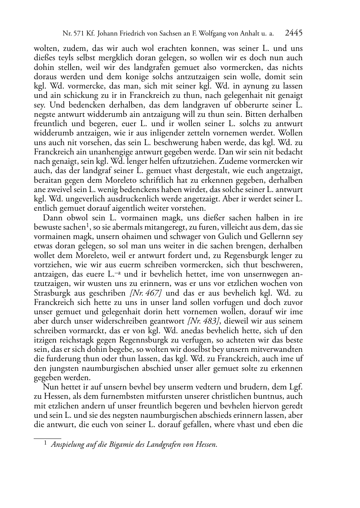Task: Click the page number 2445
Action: coord(294,33)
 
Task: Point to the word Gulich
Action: coord(217,237)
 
